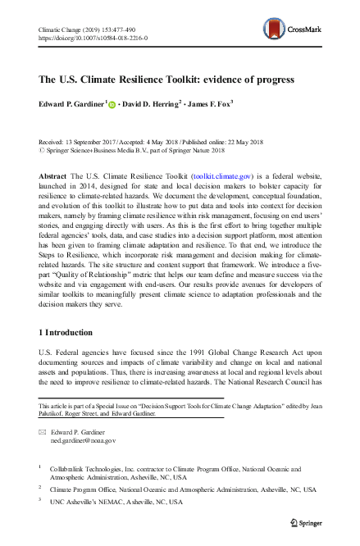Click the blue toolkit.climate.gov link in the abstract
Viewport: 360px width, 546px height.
219,176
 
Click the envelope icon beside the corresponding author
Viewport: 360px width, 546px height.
43,431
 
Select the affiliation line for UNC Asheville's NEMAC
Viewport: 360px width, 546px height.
118,501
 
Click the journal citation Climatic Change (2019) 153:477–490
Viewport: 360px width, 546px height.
93,30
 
